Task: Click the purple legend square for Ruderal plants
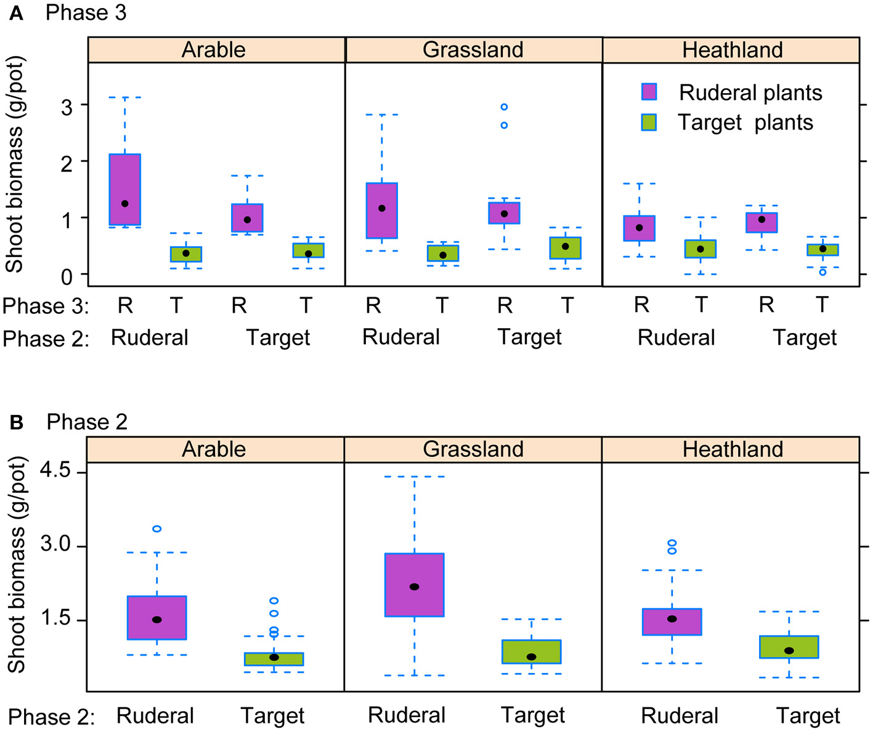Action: tap(649, 92)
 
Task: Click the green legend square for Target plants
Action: tap(649, 122)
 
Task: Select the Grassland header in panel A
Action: tap(473, 50)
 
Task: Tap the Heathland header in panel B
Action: tap(733, 450)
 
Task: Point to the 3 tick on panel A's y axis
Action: tap(67, 107)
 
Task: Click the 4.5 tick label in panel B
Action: tap(55, 472)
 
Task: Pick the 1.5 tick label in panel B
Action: tap(55, 619)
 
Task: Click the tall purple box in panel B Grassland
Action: tap(414, 585)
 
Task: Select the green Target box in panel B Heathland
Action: tap(789, 647)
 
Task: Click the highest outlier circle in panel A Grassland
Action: tap(504, 107)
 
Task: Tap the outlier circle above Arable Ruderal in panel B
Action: tap(157, 528)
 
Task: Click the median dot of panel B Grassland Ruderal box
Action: tap(415, 586)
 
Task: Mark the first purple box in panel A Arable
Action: tap(125, 189)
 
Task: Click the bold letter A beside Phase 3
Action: tap(16, 13)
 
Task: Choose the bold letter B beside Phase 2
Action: tap(17, 422)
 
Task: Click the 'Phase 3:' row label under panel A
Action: tap(46, 306)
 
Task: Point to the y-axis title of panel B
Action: tap(17, 564)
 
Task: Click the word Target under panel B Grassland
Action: tap(532, 715)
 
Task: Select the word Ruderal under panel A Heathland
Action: tap(676, 338)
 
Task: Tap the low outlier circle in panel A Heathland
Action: tap(822, 272)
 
